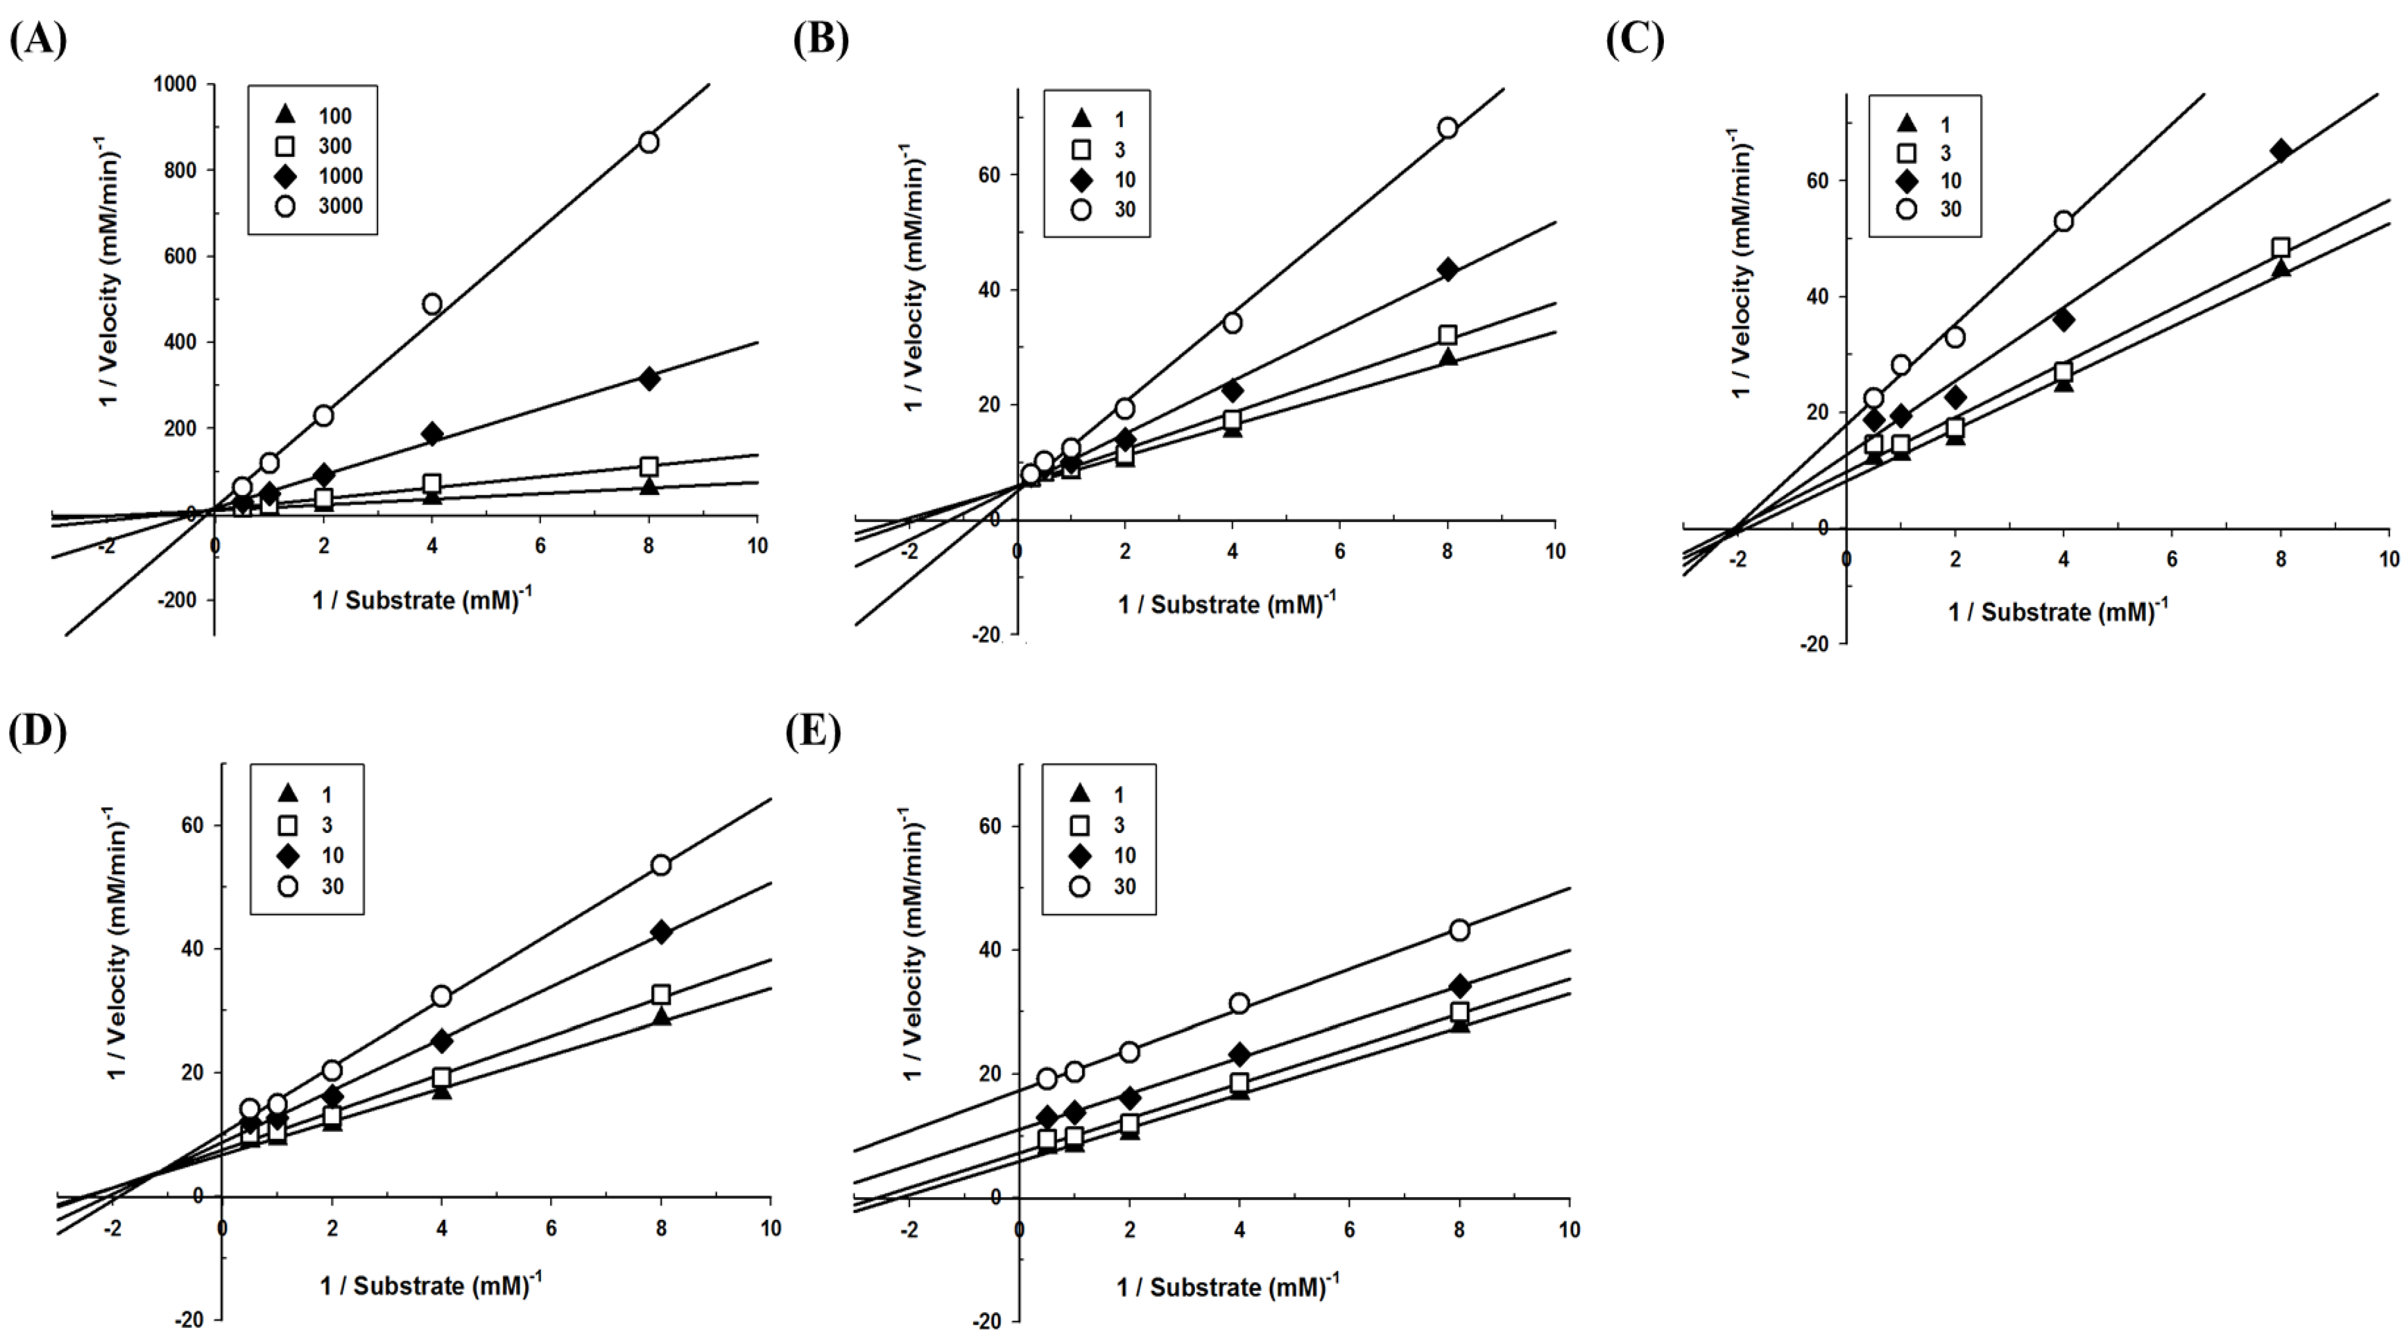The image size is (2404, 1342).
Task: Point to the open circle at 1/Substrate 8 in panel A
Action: (x=648, y=142)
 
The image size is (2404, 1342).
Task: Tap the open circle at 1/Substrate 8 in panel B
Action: (x=1447, y=128)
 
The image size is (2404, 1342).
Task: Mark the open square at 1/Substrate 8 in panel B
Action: (x=1447, y=335)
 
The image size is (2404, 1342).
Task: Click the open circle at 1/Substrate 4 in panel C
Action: (x=2063, y=221)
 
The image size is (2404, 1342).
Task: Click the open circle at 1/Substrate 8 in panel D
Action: (x=661, y=865)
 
